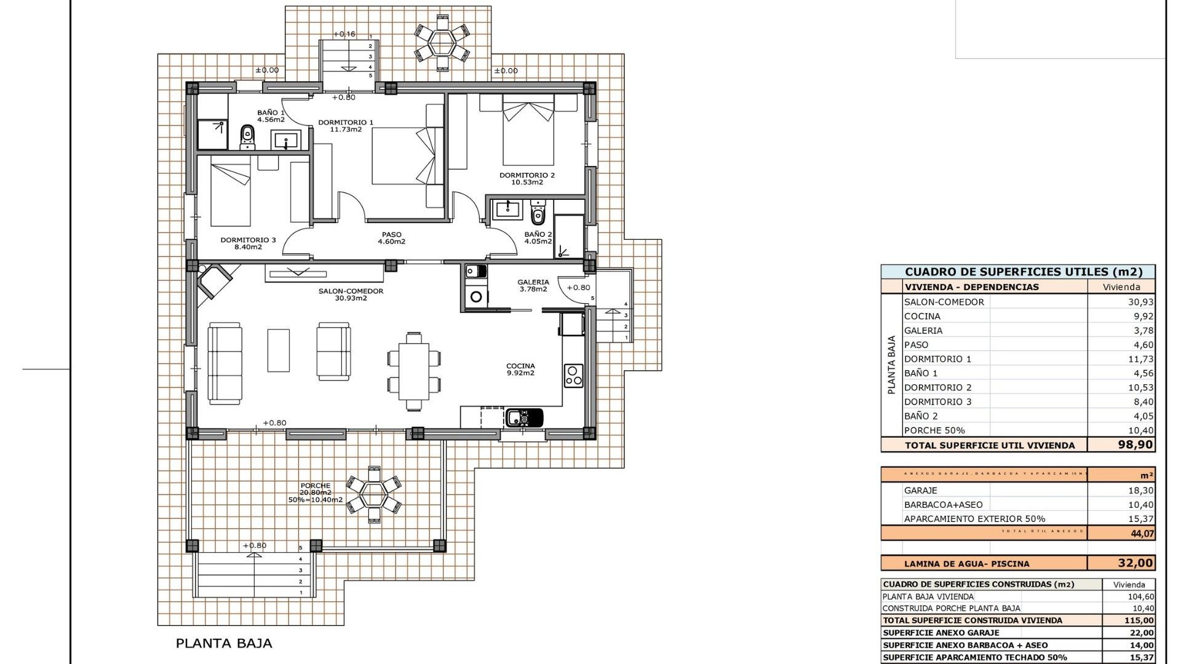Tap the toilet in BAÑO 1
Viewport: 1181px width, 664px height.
247,136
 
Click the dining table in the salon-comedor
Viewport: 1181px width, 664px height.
414,372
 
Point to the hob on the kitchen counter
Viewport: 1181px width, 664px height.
573,375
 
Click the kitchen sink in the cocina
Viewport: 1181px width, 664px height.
524,417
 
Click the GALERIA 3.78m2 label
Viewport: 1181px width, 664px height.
533,285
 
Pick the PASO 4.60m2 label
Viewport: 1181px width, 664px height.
391,238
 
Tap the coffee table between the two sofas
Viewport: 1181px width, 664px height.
279,350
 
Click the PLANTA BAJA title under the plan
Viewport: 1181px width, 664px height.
224,644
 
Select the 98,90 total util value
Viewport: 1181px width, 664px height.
1135,445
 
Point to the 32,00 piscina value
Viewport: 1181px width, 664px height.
1135,563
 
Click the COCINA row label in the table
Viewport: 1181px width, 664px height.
922,316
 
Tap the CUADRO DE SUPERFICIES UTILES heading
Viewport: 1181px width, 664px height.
1023,272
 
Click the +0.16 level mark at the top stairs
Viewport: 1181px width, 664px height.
344,34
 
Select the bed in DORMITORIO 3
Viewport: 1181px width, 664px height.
231,191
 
